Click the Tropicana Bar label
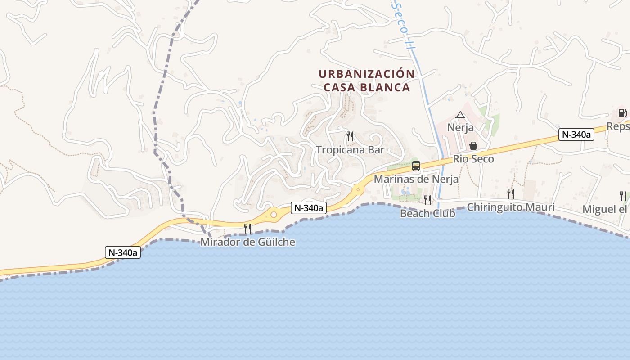[350, 150]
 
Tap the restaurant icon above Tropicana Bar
[350, 136]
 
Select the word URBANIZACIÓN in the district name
[367, 74]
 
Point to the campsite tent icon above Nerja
[460, 115]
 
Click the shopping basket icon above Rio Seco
[473, 146]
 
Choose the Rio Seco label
[473, 159]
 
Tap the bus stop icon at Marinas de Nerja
[416, 166]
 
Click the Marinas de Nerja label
[416, 179]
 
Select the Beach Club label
[427, 213]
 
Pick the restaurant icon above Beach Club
[427, 200]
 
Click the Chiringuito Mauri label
[511, 207]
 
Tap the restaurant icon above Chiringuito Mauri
[511, 194]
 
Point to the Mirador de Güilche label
[248, 242]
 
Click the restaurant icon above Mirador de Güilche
[247, 229]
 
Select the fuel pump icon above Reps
[622, 113]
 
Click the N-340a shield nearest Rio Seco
[576, 134]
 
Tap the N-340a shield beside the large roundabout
[308, 208]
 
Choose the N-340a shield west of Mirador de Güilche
[123, 252]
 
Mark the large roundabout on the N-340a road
[274, 215]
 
